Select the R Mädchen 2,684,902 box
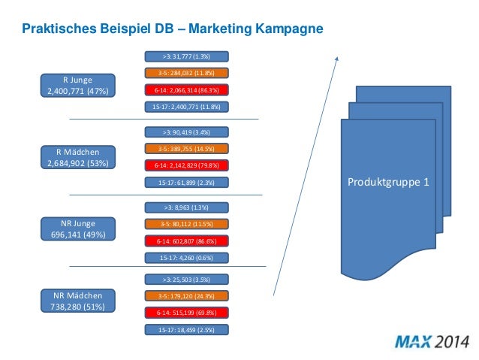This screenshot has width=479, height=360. click(78, 158)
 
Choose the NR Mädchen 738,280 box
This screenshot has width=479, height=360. click(78, 301)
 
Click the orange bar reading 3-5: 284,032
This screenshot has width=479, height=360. click(185, 73)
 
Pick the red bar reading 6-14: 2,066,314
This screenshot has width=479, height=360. click(185, 90)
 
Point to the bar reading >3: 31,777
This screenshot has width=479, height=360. click(185, 56)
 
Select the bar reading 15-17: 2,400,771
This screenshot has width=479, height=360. click(185, 107)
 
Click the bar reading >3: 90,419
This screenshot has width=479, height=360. click(185, 131)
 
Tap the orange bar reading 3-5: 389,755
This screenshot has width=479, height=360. click(185, 148)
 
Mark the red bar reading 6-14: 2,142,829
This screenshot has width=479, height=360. click(185, 165)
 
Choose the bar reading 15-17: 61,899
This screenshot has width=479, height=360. click(185, 182)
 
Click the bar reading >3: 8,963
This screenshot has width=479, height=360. click(185, 207)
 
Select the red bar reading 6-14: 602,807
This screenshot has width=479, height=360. click(185, 241)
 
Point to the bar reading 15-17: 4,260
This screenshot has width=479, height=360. click(185, 258)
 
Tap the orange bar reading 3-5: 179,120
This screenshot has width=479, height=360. click(185, 295)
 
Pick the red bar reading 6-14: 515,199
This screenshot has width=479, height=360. click(185, 312)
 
